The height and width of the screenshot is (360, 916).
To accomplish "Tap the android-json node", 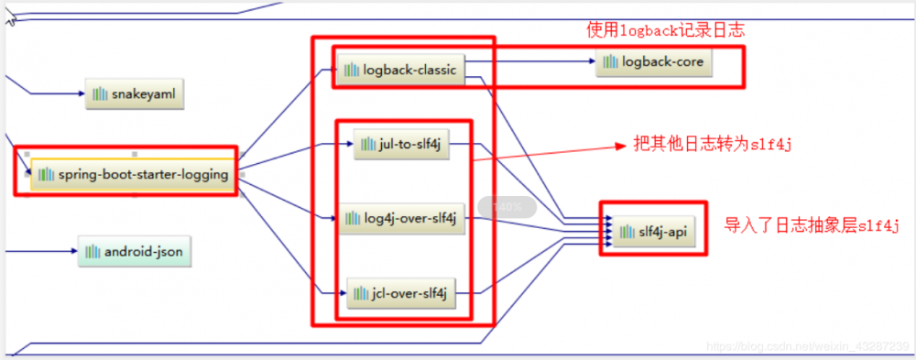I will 136,250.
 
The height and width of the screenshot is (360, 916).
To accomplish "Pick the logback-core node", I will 654,62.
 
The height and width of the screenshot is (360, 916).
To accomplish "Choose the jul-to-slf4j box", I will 402,144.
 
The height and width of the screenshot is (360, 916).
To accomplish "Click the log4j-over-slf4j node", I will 402,219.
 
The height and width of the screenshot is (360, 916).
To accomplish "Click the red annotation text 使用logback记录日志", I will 665,30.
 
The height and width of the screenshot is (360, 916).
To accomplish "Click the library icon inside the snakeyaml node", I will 100,93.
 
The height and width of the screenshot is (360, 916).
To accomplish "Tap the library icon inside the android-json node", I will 92,250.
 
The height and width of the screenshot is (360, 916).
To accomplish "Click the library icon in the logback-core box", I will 610,62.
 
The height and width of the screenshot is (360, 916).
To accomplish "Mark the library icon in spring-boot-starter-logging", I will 46,175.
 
